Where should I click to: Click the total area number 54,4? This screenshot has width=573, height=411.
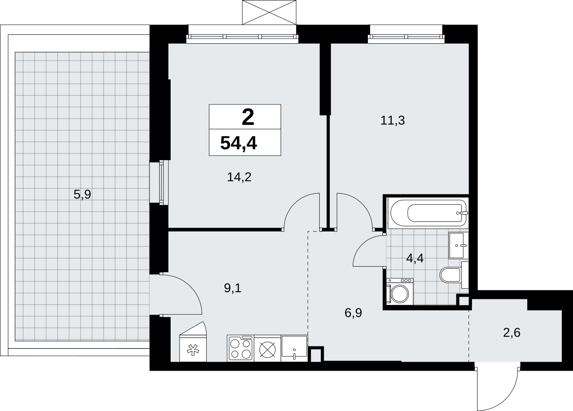click(x=239, y=143)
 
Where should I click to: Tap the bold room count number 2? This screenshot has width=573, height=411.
click(x=248, y=117)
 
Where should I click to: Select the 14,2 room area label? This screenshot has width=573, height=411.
click(x=239, y=177)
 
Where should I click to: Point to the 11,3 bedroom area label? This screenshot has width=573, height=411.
click(x=393, y=121)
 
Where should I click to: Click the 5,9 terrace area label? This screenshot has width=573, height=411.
click(x=82, y=194)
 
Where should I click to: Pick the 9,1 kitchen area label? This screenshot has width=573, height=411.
click(x=233, y=288)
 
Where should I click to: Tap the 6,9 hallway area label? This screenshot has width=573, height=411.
click(x=353, y=313)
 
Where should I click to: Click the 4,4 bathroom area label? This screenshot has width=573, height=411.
click(x=415, y=259)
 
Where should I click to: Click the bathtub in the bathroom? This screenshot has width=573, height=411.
click(x=428, y=213)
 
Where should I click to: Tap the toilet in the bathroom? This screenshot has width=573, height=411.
click(x=454, y=275)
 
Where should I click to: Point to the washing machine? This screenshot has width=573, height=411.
click(x=400, y=292)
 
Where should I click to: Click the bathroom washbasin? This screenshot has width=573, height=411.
click(x=458, y=245)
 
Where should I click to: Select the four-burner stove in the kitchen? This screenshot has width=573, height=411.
click(x=241, y=348)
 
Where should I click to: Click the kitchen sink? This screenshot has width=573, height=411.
click(x=294, y=348)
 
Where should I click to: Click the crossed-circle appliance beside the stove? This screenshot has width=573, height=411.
click(x=267, y=348)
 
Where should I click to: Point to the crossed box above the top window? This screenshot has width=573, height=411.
click(x=269, y=12)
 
